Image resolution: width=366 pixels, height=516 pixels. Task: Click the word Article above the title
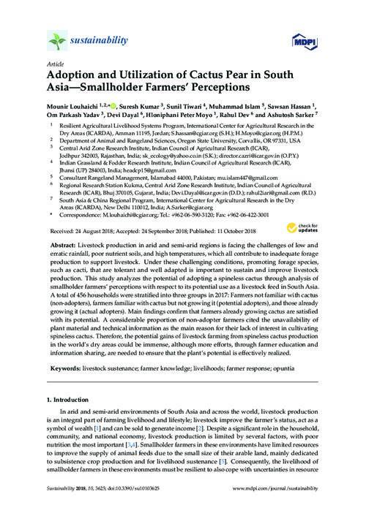coord(54,64)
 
